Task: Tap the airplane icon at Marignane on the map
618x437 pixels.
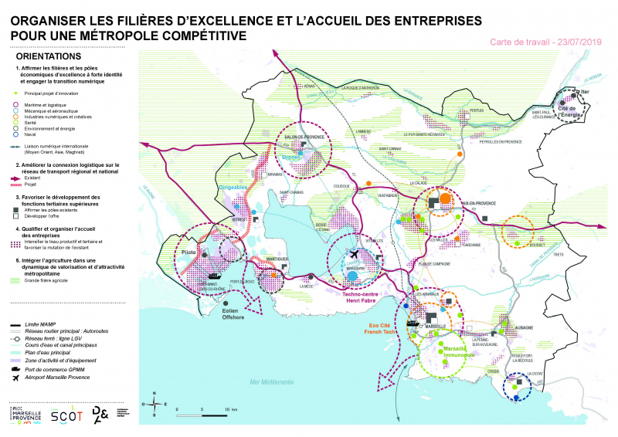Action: pyautogui.click(x=354, y=254)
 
